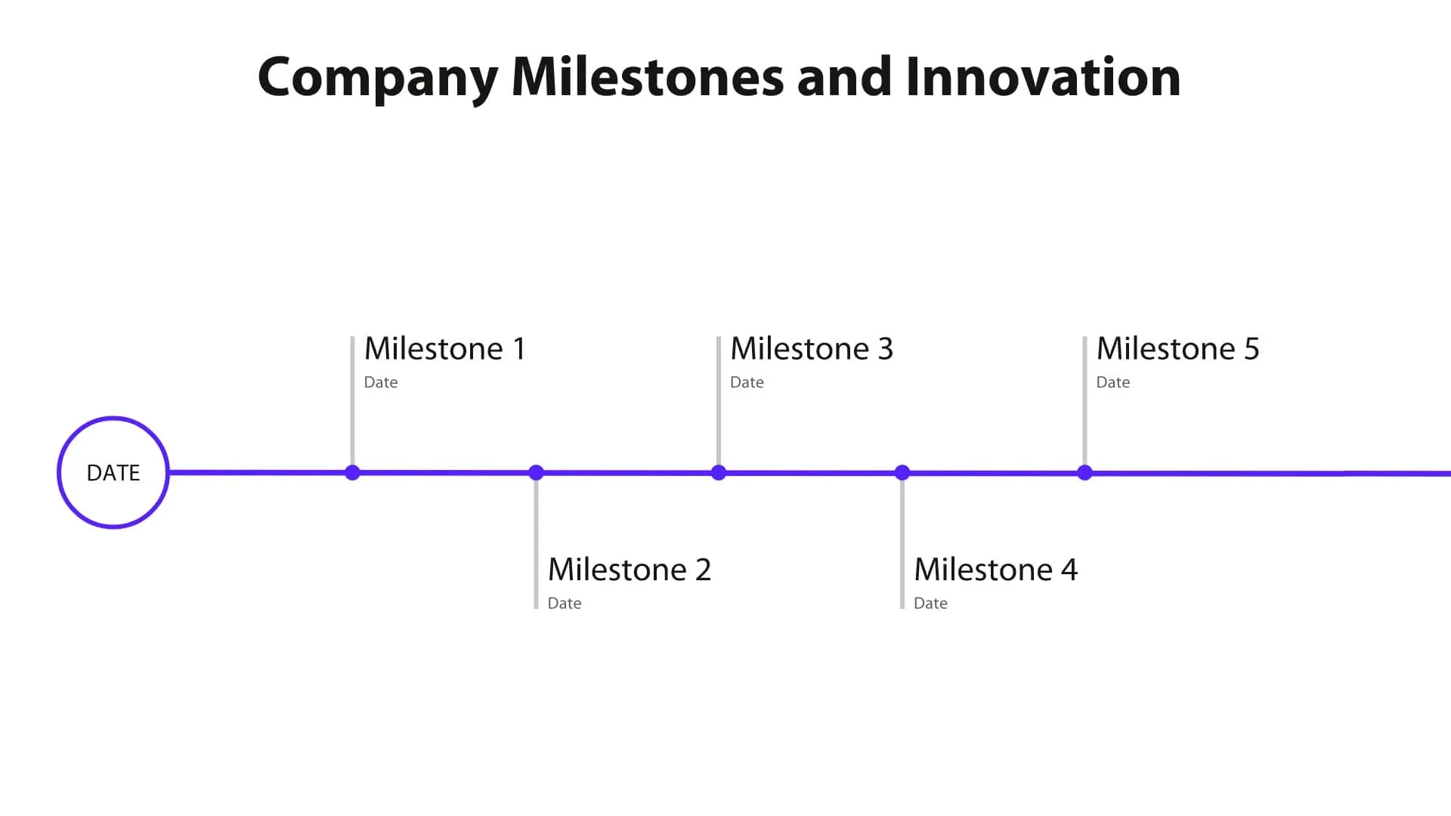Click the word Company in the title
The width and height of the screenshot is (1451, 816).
377,78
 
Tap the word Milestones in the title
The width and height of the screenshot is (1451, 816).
648,78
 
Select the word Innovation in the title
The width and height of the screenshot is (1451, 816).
1043,78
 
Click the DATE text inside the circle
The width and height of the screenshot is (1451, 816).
113,473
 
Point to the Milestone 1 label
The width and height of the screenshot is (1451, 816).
444,349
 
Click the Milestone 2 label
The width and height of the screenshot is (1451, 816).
629,570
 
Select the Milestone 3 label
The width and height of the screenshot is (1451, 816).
811,349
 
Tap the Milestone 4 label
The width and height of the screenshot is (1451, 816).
995,570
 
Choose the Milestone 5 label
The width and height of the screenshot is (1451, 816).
1177,349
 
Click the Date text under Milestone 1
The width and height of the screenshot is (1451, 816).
381,382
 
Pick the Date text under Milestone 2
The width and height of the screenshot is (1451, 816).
565,604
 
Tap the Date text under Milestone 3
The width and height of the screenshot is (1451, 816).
747,382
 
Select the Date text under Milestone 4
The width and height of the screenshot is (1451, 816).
930,604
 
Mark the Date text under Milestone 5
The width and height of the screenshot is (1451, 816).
1113,382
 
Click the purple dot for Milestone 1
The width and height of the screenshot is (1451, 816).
352,473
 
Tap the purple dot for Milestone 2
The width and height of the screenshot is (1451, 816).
536,473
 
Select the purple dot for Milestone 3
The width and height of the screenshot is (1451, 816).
719,473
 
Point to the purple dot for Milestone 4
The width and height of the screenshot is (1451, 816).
902,473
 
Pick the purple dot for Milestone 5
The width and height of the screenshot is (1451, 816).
1084,473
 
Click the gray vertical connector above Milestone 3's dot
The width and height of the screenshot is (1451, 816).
719,408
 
